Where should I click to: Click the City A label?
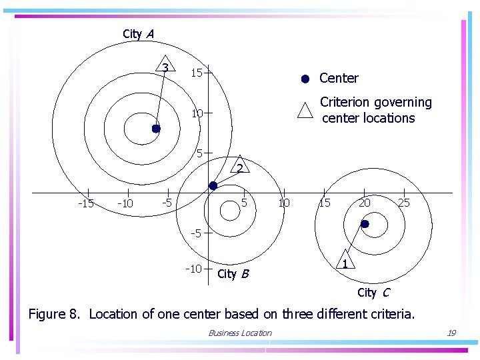138,34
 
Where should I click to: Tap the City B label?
233,274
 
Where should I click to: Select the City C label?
373,293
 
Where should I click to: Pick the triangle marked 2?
239,167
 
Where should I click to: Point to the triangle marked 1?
345,262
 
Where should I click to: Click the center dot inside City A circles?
155,129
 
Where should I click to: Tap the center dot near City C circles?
365,225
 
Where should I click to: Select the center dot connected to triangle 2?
213,186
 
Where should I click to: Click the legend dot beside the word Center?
305,79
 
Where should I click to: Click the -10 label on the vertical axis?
193,269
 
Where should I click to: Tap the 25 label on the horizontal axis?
404,203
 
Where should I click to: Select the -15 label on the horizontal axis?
86,203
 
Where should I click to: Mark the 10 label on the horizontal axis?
284,203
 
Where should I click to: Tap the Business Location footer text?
240,333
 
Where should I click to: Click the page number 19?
451,333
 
